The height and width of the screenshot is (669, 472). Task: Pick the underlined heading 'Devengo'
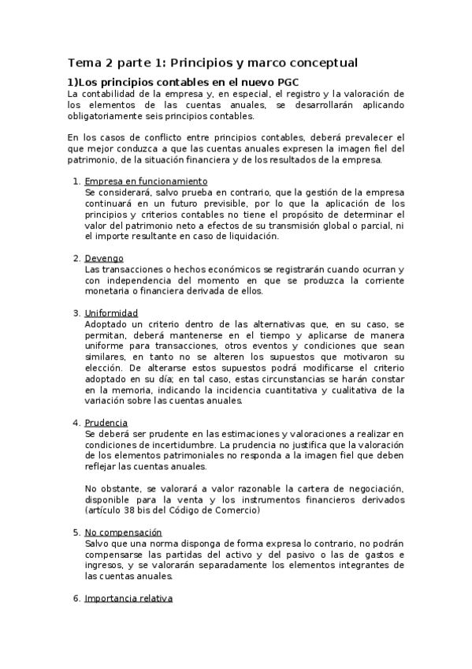click(104, 258)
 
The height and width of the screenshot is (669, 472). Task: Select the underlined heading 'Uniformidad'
click(111, 313)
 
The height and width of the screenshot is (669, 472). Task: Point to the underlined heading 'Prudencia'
click(106, 423)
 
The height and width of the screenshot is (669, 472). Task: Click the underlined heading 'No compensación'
click(123, 533)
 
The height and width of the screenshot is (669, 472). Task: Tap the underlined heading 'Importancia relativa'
click(128, 599)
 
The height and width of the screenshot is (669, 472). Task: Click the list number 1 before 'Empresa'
click(75, 181)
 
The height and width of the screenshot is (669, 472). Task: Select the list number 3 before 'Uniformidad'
click(75, 313)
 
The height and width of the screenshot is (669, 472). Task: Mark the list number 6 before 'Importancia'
click(75, 599)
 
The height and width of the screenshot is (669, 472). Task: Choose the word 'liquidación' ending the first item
click(251, 236)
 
